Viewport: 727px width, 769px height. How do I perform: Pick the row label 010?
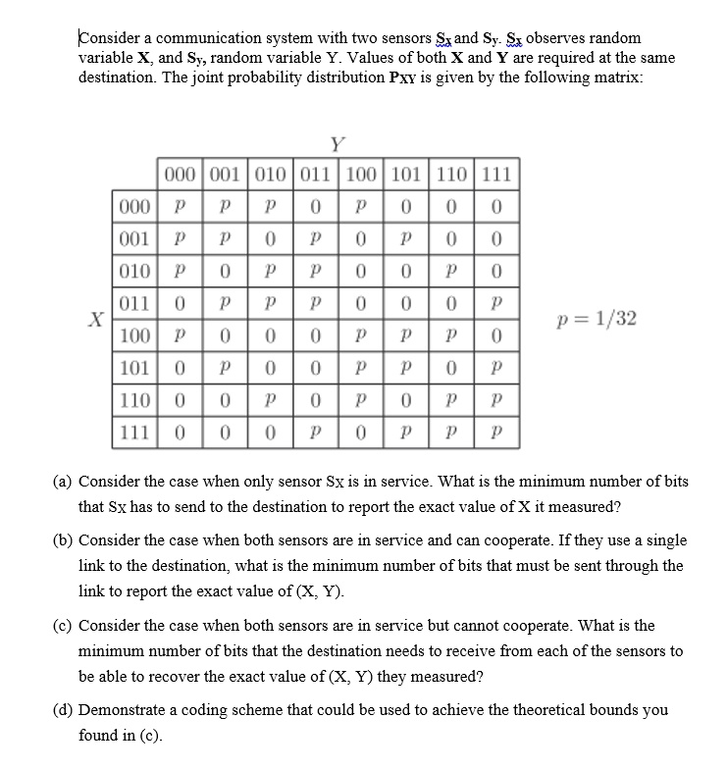pos(132,270)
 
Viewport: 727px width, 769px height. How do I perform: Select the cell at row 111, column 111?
pos(497,432)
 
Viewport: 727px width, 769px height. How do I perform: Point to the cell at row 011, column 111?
pos(497,304)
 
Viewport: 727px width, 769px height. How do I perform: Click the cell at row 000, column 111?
pos(497,208)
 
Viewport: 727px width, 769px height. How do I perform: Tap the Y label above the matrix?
pos(337,146)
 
